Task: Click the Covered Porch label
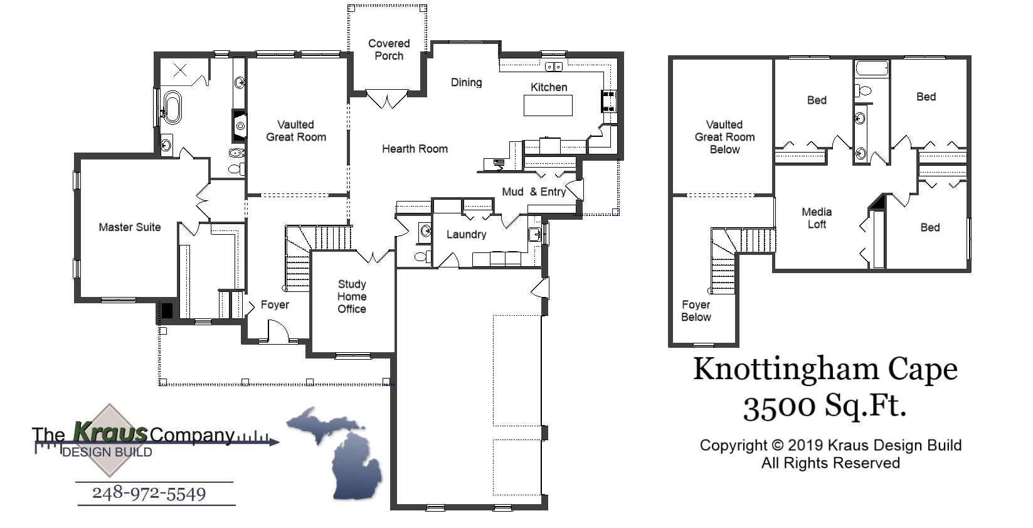pos(389,50)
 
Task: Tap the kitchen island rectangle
pos(548,105)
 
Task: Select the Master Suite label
pos(130,227)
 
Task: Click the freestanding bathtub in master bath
pos(172,107)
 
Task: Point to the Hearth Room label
pos(415,149)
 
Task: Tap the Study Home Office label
pos(352,296)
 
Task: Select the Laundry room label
pos(466,234)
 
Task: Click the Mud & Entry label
pos(534,191)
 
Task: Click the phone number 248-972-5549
pos(149,493)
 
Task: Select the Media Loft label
pos(817,218)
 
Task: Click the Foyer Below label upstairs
pos(696,311)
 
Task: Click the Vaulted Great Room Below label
pos(724,137)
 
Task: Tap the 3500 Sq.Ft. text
pos(825,406)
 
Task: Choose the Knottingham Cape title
pos(825,369)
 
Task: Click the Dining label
pos(466,82)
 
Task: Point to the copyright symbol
pos(777,446)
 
